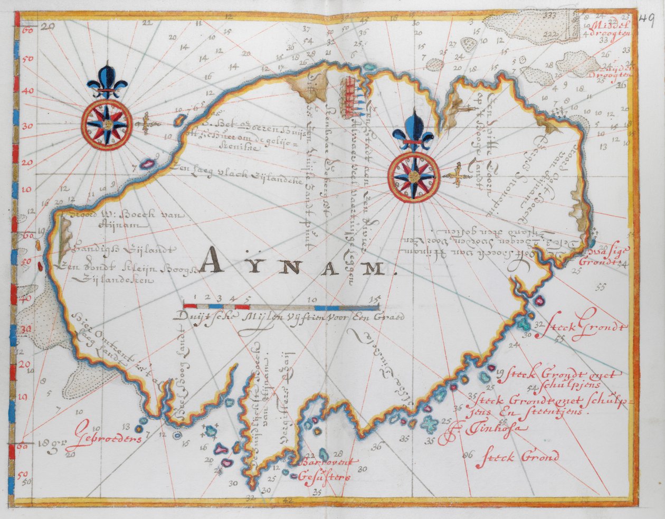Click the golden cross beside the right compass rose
(457, 176)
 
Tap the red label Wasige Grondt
(601, 256)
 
